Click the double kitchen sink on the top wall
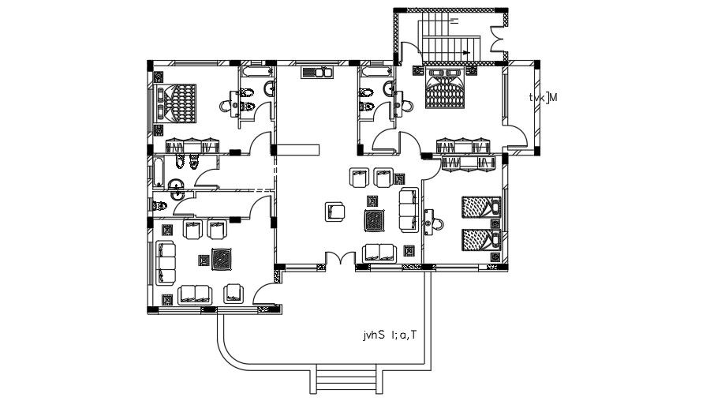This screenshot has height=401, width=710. coord(317,73)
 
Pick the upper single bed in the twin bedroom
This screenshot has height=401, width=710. coord(479,208)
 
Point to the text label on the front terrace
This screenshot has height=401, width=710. coord(389,335)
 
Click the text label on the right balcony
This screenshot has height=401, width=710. coord(544,98)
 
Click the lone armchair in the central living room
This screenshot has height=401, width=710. coord(335,212)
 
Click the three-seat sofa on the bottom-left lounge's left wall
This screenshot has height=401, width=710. coord(166,264)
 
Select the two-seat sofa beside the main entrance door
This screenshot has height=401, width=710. coord(379,252)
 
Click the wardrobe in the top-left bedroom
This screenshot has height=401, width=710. coord(192,145)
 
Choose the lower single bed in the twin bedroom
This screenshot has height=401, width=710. coord(479,238)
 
